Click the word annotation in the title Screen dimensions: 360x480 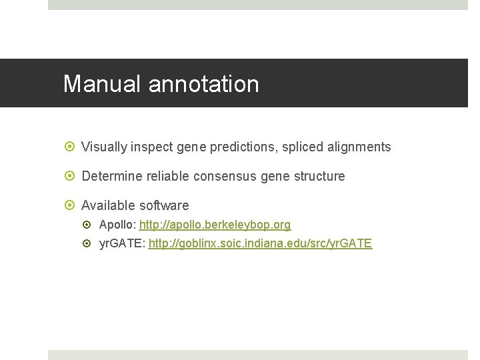[x=204, y=84]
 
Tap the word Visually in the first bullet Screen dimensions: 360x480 [x=105, y=147]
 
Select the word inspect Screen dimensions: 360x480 [x=156, y=147]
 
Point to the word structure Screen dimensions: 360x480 [x=319, y=177]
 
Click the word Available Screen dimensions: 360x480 [x=107, y=206]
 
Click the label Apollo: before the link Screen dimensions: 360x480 [x=117, y=225]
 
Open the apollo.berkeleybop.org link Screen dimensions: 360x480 [x=215, y=225]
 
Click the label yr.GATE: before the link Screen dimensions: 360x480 [x=122, y=244]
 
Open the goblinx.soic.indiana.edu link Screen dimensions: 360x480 [x=260, y=244]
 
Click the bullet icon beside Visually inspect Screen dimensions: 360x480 [x=70, y=147]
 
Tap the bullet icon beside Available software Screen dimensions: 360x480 [x=70, y=206]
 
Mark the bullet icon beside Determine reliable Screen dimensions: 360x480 [x=70, y=177]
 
